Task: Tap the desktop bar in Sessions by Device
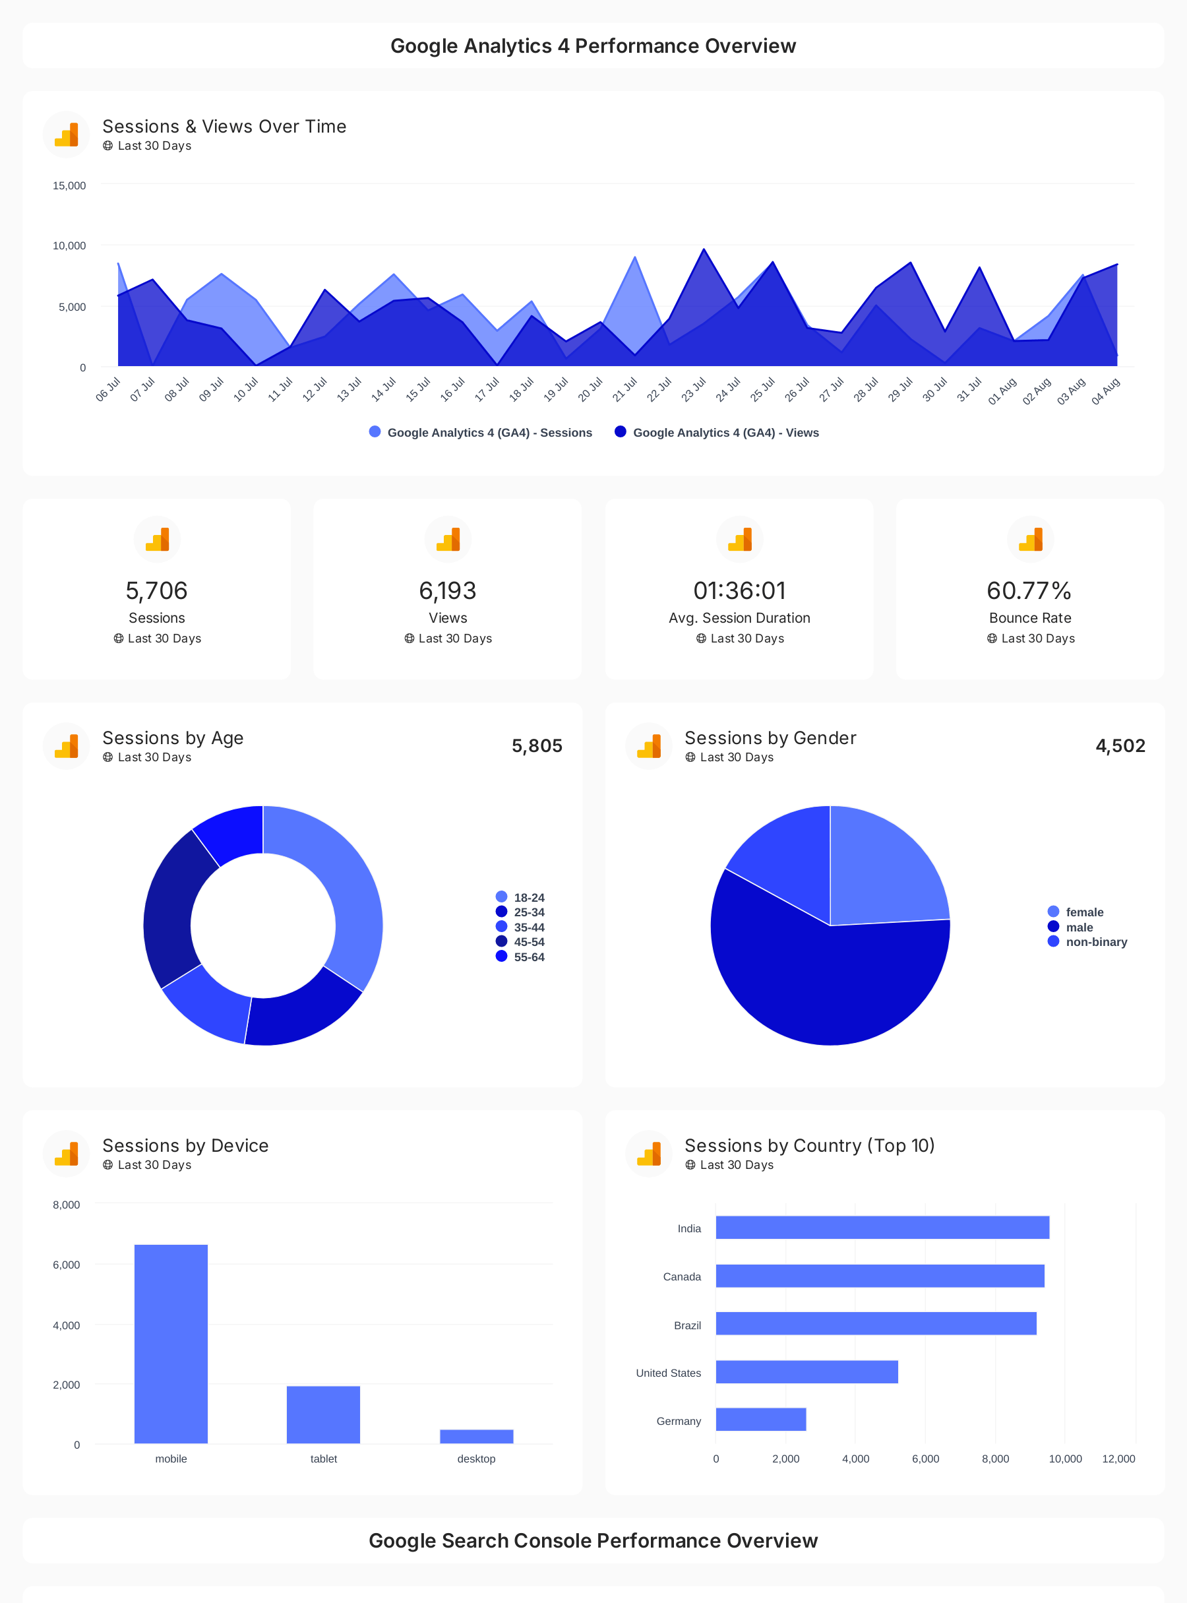click(476, 1435)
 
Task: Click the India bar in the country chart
click(882, 1227)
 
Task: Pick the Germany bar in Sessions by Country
click(760, 1419)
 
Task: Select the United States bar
click(807, 1371)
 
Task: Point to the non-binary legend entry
click(1095, 941)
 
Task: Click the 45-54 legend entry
click(528, 941)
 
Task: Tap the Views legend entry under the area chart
click(725, 433)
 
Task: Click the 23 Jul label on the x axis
click(693, 390)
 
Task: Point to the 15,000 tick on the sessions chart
click(69, 185)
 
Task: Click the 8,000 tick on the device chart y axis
click(66, 1205)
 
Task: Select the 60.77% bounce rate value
click(1029, 591)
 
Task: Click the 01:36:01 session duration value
click(739, 591)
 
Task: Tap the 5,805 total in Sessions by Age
click(537, 745)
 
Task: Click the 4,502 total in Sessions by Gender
click(1120, 745)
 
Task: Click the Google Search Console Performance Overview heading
click(593, 1540)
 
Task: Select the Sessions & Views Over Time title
click(224, 127)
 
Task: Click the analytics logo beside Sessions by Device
click(66, 1153)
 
